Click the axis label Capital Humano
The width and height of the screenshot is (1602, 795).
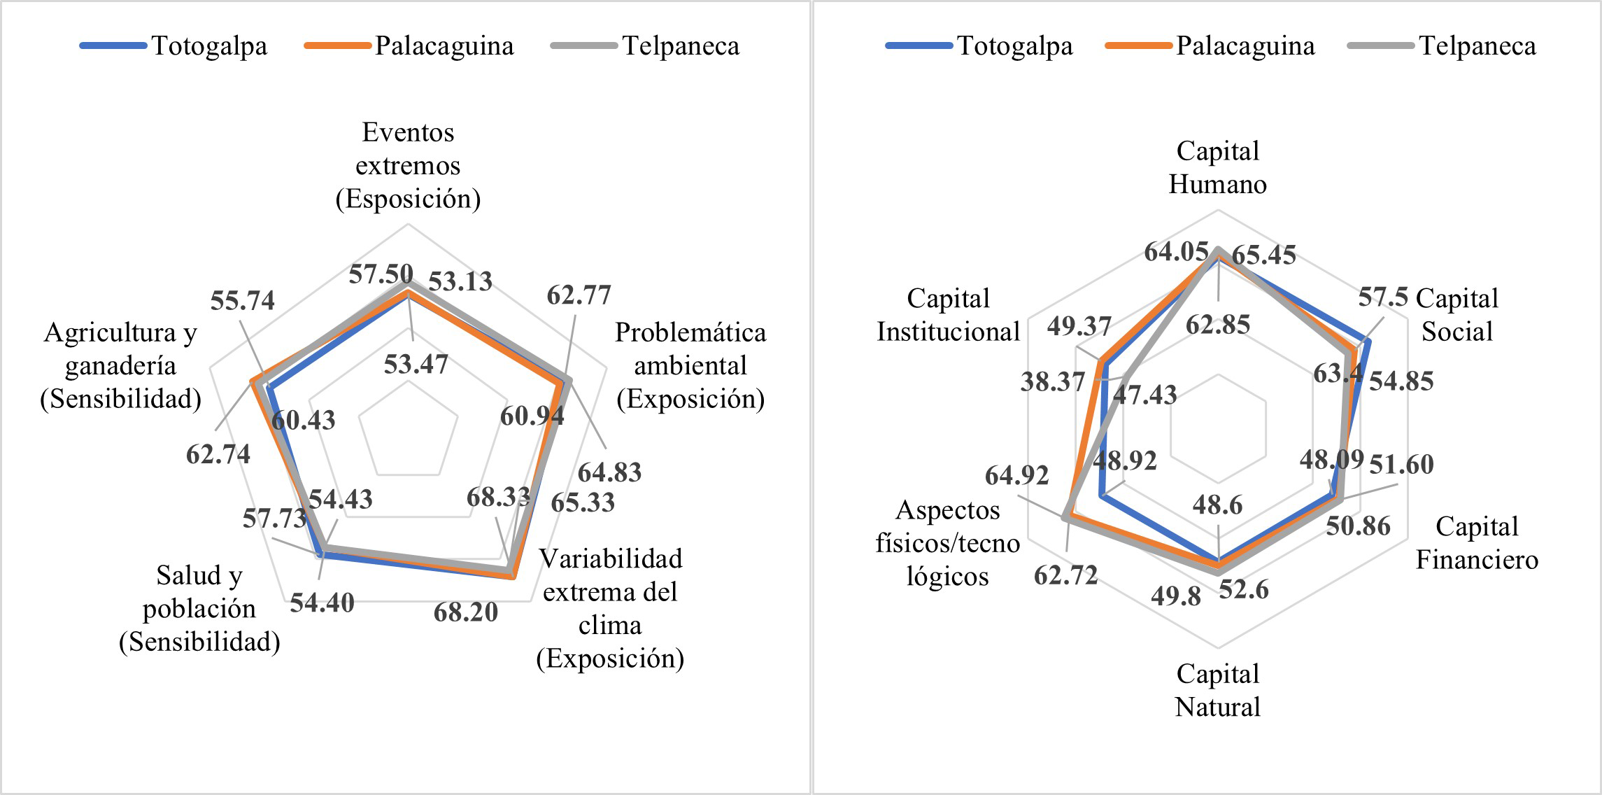click(x=1217, y=168)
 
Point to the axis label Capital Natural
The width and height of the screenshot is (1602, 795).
click(x=1217, y=690)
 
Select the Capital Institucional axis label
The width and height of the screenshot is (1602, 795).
click(x=948, y=315)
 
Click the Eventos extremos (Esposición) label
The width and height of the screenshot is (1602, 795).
click(x=408, y=166)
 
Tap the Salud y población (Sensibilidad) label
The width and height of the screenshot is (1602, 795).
click(x=199, y=608)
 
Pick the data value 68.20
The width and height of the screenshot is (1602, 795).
click(x=465, y=612)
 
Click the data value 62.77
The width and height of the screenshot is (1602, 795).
click(x=579, y=295)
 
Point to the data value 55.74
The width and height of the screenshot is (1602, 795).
click(x=242, y=301)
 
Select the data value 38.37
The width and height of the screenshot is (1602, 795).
click(x=1052, y=381)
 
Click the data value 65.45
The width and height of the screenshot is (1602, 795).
click(x=1263, y=255)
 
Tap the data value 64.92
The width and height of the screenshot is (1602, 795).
click(x=1016, y=476)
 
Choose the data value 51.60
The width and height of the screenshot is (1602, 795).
click(x=1401, y=464)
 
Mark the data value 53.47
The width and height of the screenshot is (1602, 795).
click(x=416, y=365)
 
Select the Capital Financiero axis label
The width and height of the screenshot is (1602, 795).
click(x=1477, y=543)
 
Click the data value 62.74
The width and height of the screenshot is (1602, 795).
click(x=218, y=454)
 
